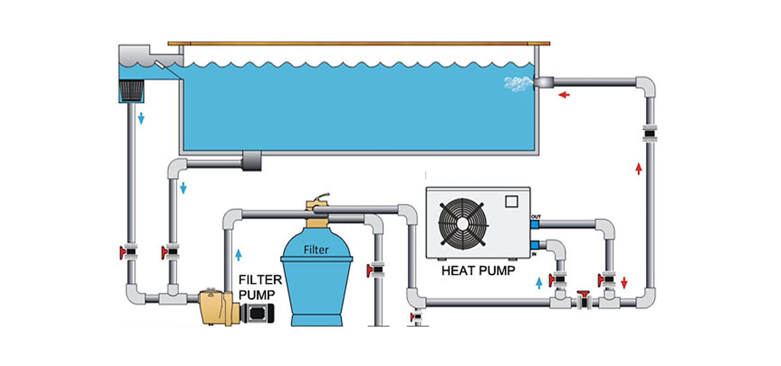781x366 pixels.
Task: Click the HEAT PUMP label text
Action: click(478, 270)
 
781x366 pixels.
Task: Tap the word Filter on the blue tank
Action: click(316, 249)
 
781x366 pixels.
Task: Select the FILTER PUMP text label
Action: click(260, 287)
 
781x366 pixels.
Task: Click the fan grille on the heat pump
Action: click(462, 223)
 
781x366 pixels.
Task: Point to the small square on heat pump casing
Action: click(511, 201)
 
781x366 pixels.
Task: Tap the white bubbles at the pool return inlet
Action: click(518, 84)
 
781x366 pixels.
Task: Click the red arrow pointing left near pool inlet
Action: click(564, 95)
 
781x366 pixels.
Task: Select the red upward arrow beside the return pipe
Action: click(639, 168)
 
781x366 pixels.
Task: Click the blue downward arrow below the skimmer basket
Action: click(141, 118)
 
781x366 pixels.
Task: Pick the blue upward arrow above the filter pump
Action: click(238, 255)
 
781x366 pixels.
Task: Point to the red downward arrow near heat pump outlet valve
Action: click(624, 283)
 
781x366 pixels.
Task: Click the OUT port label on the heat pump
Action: click(536, 217)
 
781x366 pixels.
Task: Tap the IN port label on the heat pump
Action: click(534, 254)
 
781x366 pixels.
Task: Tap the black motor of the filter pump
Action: click(257, 313)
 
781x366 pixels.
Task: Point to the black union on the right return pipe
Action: click(650, 133)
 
